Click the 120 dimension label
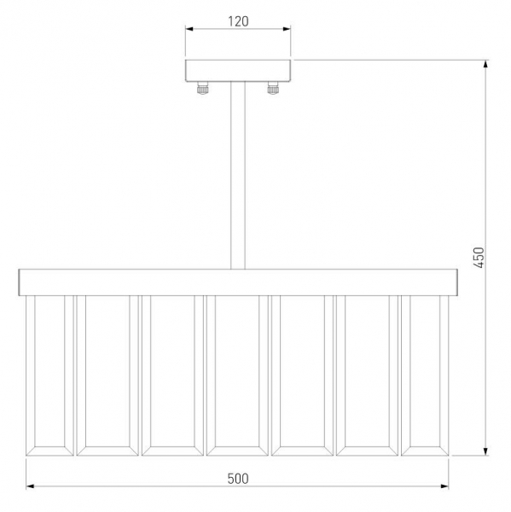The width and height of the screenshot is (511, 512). [238, 21]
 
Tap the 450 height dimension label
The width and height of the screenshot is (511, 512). [479, 258]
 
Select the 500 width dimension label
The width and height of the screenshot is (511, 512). [238, 479]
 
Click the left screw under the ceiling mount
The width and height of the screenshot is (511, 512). [202, 88]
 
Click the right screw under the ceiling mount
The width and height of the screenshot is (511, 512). [273, 88]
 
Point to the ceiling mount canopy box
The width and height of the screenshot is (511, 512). [238, 71]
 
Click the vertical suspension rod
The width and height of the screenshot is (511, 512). [238, 175]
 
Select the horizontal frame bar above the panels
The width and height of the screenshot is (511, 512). [238, 282]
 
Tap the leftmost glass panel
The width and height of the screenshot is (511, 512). [49, 375]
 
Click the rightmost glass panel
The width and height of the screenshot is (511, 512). [425, 375]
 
